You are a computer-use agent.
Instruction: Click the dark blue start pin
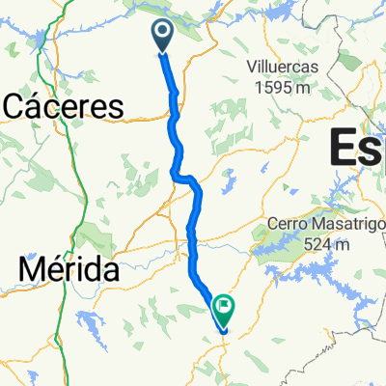click(x=161, y=37)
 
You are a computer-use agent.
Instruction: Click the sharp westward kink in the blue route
click(x=174, y=175)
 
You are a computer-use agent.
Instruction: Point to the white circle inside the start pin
click(x=161, y=34)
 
